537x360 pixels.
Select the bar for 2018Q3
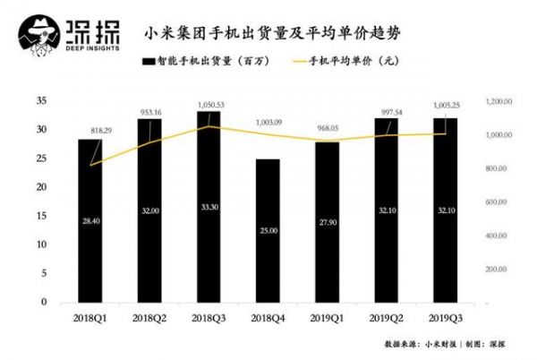[x=208, y=207]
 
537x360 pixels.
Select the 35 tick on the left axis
[x=41, y=101]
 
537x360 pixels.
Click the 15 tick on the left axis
[x=41, y=216]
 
